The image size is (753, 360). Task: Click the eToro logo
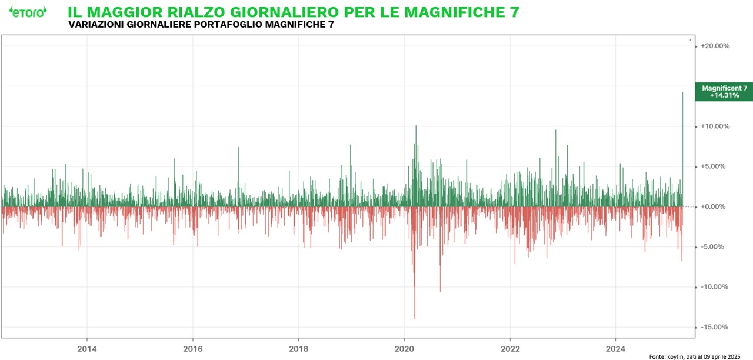point(28,12)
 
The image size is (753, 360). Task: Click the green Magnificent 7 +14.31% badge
point(724,91)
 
